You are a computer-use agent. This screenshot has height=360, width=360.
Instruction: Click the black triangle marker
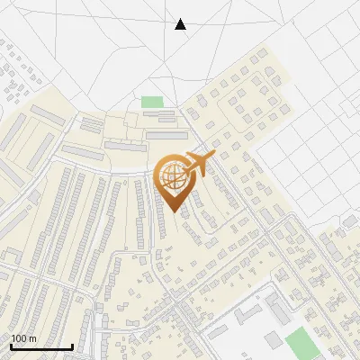180,24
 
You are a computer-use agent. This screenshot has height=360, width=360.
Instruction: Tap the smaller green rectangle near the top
152,102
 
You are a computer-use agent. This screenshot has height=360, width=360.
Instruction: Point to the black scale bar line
41,346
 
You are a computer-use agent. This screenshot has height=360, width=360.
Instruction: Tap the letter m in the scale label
32,338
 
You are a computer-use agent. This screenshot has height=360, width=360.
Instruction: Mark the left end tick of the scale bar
11,346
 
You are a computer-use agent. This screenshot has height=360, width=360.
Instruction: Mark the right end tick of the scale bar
72,346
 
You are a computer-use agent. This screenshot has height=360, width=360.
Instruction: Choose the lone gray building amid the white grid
349,221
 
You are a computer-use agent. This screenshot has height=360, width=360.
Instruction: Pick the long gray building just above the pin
167,135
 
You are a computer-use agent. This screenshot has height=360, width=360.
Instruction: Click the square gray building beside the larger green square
272,340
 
